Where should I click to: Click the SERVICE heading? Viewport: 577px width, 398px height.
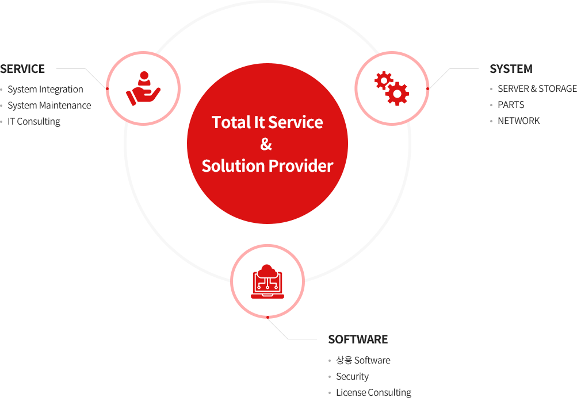(x=22, y=69)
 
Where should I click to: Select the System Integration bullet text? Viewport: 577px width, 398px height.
(x=45, y=89)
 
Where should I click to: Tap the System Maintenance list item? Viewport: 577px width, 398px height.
(x=49, y=106)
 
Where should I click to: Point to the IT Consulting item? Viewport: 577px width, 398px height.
(x=34, y=122)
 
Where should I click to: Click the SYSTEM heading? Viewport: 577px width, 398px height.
(x=511, y=69)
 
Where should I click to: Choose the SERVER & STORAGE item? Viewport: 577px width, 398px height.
(x=537, y=88)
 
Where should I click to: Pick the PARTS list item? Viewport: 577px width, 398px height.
(x=511, y=105)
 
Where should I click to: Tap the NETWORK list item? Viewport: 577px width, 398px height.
(x=519, y=121)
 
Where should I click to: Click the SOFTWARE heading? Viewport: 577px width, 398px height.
(x=358, y=339)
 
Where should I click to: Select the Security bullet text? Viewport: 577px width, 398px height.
(x=353, y=376)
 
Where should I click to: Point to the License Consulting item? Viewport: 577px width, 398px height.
(x=374, y=392)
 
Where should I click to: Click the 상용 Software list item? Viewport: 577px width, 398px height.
(x=363, y=360)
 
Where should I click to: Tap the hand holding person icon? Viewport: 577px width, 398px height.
(x=143, y=88)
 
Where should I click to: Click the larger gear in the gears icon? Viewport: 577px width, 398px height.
(x=397, y=94)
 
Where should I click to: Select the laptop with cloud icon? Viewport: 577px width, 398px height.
(x=268, y=281)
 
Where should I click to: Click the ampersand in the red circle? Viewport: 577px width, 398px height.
(x=266, y=144)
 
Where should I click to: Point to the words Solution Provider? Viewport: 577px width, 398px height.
(x=268, y=166)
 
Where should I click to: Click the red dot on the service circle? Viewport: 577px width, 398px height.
(x=107, y=88)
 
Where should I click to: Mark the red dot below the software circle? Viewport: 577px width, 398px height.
(x=268, y=317)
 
